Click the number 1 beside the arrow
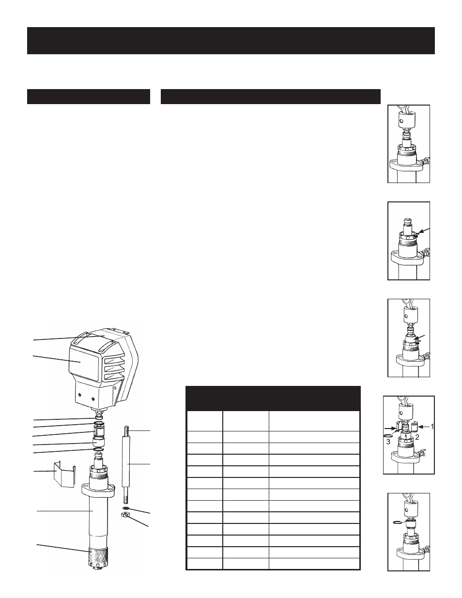[x=432, y=427]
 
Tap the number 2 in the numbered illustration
[x=417, y=437]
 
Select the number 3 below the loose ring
[x=388, y=442]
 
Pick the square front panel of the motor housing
[x=83, y=363]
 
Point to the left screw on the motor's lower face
[x=80, y=395]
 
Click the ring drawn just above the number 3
[x=388, y=436]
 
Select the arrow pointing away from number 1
[x=423, y=427]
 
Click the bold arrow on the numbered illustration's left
[x=390, y=429]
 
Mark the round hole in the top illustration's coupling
[x=402, y=121]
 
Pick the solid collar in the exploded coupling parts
[x=99, y=442]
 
